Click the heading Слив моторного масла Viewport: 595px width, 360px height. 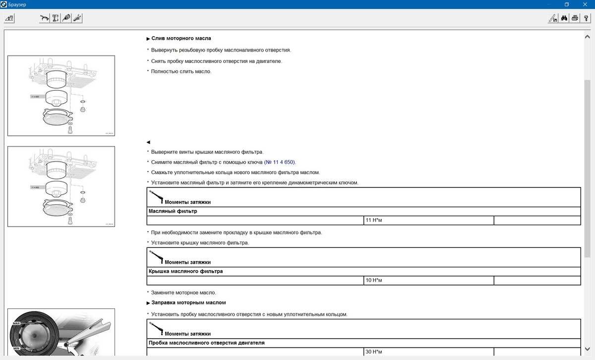[x=181, y=38]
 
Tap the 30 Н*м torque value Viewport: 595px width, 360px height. [x=374, y=352]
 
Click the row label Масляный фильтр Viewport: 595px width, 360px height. [x=173, y=211]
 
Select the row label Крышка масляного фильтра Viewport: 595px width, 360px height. [x=185, y=271]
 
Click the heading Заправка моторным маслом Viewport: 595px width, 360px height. [x=188, y=302]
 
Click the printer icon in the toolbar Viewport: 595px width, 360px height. [x=575, y=18]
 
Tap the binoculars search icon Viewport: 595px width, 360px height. [x=564, y=18]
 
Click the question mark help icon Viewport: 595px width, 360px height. [x=586, y=18]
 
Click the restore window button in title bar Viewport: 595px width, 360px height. [x=566, y=4]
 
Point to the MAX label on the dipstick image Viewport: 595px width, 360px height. [x=16, y=323]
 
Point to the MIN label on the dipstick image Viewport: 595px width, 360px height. [x=16, y=349]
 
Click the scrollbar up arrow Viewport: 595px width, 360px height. [x=588, y=36]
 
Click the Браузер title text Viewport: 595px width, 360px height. [x=17, y=4]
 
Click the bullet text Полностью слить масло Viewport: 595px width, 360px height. [x=181, y=71]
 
